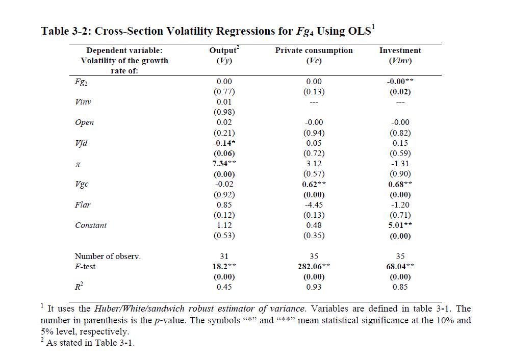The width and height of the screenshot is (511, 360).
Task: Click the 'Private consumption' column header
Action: (x=314, y=50)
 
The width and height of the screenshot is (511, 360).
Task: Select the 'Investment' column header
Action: (x=400, y=50)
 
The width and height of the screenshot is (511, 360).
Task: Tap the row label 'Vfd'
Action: (x=81, y=143)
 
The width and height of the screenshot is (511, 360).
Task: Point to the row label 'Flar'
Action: (x=83, y=205)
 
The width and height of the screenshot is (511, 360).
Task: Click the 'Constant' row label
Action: (x=91, y=225)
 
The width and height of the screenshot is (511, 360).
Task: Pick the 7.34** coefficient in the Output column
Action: (x=224, y=164)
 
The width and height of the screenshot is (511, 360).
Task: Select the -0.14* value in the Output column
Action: (x=224, y=143)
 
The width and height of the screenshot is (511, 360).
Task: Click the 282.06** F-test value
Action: (x=314, y=266)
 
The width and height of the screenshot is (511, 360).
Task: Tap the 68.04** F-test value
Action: (x=400, y=266)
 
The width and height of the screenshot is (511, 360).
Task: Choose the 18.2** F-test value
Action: (x=224, y=266)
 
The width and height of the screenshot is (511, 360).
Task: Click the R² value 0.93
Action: (x=314, y=287)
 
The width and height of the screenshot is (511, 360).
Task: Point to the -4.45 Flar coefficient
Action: (x=314, y=205)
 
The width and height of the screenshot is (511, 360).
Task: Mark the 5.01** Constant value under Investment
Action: (x=400, y=225)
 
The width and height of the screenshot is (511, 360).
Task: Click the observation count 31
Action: (x=224, y=256)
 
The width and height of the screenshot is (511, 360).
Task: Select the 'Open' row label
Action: (x=84, y=122)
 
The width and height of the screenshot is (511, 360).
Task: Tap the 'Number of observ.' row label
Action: (x=108, y=256)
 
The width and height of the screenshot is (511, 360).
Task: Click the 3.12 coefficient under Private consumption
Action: (x=314, y=164)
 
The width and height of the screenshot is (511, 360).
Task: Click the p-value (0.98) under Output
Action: (x=224, y=112)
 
